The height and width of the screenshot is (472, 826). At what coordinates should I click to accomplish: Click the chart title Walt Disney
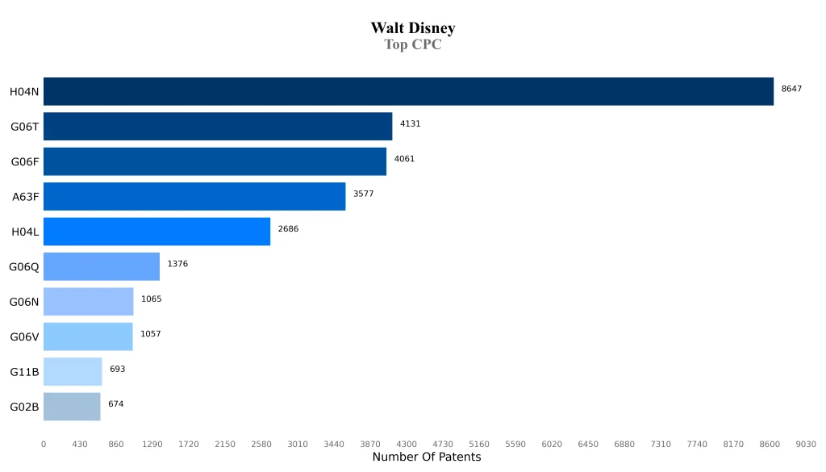tap(413, 28)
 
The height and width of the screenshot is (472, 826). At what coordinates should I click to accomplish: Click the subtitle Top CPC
tap(413, 45)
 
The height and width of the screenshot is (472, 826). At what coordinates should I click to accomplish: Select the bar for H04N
tap(408, 91)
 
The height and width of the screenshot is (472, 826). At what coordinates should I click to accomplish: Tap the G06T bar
tap(218, 126)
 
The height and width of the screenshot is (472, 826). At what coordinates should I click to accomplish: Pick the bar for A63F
tap(194, 196)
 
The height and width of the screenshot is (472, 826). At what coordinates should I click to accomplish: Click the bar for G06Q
tap(102, 266)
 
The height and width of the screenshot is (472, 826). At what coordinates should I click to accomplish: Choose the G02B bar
tap(72, 407)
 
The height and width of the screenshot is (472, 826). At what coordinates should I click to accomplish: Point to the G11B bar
tap(73, 371)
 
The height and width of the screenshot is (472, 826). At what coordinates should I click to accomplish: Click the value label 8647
tap(791, 89)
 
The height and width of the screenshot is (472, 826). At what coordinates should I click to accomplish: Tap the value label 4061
tap(404, 159)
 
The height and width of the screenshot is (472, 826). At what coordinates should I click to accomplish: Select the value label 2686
tap(288, 229)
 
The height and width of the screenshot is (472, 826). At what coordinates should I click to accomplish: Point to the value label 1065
tap(151, 299)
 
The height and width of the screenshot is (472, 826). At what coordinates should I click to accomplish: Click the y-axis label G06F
tap(25, 161)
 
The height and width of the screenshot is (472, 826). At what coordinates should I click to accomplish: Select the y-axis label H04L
tap(25, 232)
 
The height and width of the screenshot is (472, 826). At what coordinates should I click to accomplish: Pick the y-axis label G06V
tap(24, 336)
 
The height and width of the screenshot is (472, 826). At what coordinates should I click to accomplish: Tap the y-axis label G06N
tap(24, 302)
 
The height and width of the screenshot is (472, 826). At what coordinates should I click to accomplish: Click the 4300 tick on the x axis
tap(407, 444)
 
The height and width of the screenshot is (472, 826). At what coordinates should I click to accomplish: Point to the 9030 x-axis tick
tap(806, 444)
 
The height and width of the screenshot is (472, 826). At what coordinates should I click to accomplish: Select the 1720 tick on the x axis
tap(189, 444)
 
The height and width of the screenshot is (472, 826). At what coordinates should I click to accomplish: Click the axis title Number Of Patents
tap(427, 457)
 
